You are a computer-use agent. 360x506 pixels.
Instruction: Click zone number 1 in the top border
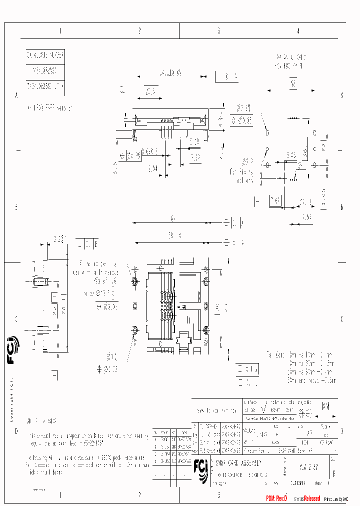coord(60,31)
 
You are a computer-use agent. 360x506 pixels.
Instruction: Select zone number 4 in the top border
coord(298,31)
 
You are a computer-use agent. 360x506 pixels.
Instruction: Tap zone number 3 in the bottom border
coord(218,495)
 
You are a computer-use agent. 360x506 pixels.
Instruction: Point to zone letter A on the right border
coord(342,95)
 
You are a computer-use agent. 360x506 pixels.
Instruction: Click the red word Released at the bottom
coord(309,499)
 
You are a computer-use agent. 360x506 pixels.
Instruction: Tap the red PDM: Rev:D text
coord(277,499)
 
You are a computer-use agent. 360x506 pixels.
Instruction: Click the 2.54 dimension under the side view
coord(153,169)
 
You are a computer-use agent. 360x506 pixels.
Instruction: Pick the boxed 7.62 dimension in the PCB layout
coord(275,200)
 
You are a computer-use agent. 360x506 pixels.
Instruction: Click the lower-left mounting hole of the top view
coord(134,330)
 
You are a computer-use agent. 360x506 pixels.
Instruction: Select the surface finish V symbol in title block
coord(262,408)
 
